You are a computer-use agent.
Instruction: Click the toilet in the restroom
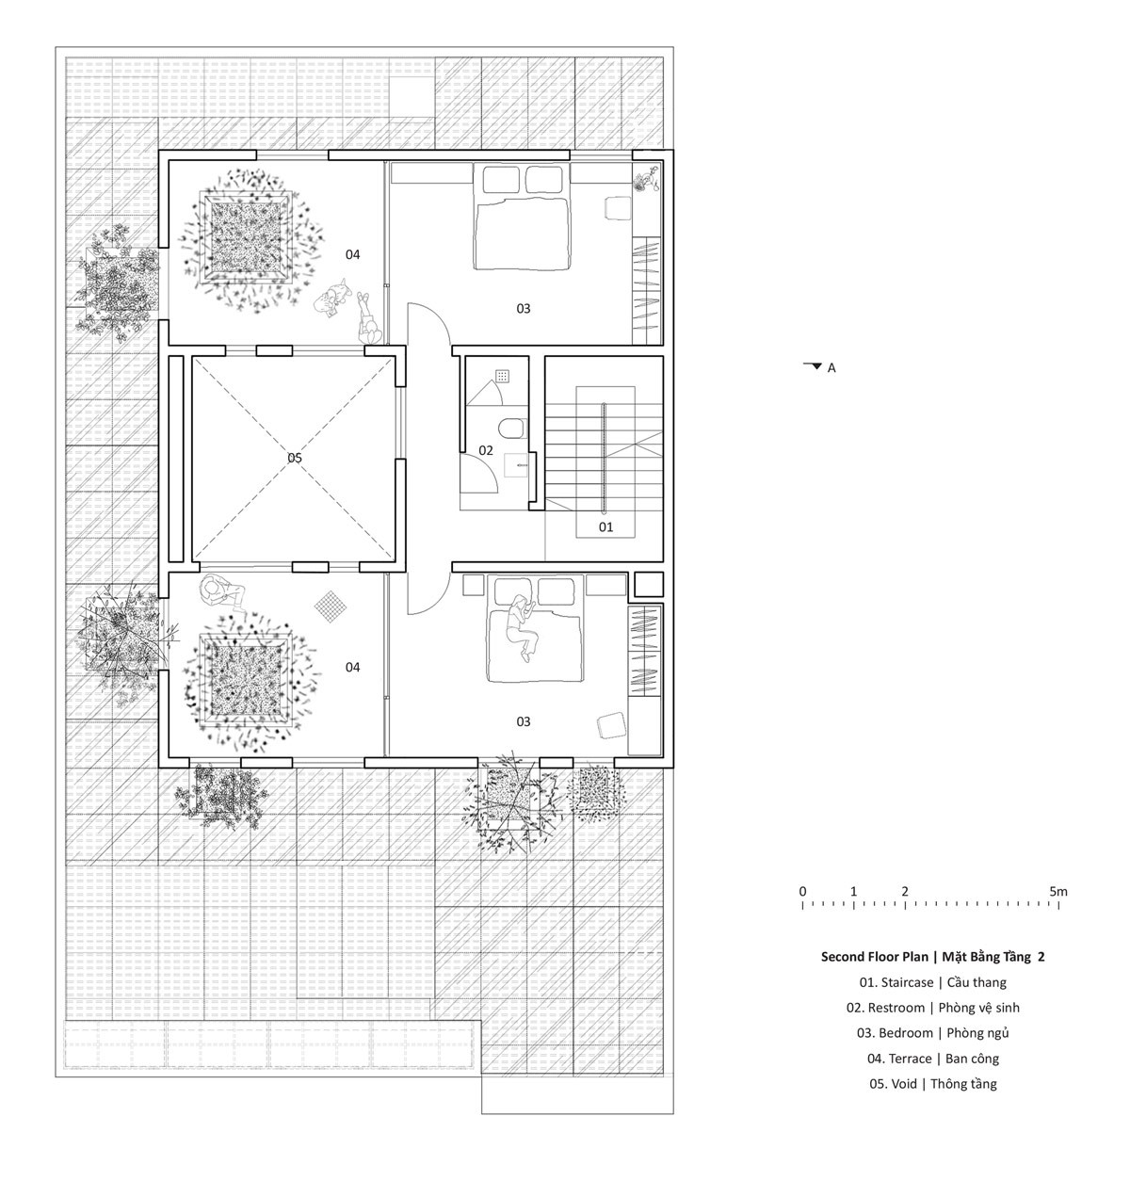pyautogui.click(x=511, y=428)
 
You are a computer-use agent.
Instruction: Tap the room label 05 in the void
pyautogui.click(x=295, y=458)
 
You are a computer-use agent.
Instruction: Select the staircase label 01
pyautogui.click(x=605, y=526)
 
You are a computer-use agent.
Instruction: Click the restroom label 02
pyautogui.click(x=486, y=450)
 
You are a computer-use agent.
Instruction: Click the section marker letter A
pyautogui.click(x=831, y=368)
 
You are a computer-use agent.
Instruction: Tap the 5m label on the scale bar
pyautogui.click(x=1058, y=892)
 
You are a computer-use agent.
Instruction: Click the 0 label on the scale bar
pyautogui.click(x=802, y=892)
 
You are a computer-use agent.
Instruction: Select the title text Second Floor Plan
pyautogui.click(x=874, y=957)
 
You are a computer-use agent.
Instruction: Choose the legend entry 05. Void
pyautogui.click(x=893, y=1083)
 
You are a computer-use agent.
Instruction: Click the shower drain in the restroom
pyautogui.click(x=502, y=376)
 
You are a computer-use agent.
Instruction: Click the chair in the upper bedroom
pyautogui.click(x=617, y=207)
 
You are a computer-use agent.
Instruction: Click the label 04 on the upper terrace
pyautogui.click(x=352, y=254)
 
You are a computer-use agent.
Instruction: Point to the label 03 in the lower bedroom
pyautogui.click(x=524, y=721)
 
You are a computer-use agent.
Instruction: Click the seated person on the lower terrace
pyautogui.click(x=222, y=591)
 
